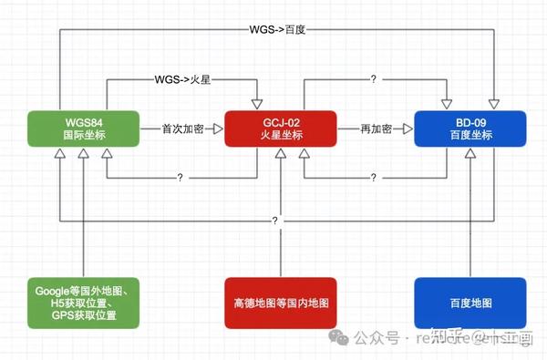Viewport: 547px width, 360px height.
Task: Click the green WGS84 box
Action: pyautogui.click(x=83, y=129)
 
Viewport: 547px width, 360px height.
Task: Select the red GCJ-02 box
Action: pyautogui.click(x=281, y=129)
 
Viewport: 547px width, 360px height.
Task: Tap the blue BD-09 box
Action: pyautogui.click(x=470, y=129)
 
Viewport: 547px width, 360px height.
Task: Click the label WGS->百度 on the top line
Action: pyautogui.click(x=277, y=29)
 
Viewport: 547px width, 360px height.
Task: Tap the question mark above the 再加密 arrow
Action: pyautogui.click(x=374, y=80)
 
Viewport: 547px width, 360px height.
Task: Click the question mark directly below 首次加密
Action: pyautogui.click(x=181, y=177)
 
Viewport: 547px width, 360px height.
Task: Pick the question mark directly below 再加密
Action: pyautogui.click(x=374, y=177)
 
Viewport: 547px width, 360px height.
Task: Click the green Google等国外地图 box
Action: pyautogui.click(x=83, y=303)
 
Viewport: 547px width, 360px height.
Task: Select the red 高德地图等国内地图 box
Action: pyautogui.click(x=281, y=303)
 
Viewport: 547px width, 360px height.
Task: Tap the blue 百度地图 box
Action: pyautogui.click(x=470, y=303)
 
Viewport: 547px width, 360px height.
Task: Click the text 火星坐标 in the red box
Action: pyautogui.click(x=281, y=137)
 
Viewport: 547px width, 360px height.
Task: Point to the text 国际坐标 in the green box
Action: pyautogui.click(x=83, y=137)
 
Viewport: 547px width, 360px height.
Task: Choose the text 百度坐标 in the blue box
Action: pyautogui.click(x=470, y=137)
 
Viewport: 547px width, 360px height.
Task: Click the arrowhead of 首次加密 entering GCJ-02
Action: pyautogui.click(x=217, y=129)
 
